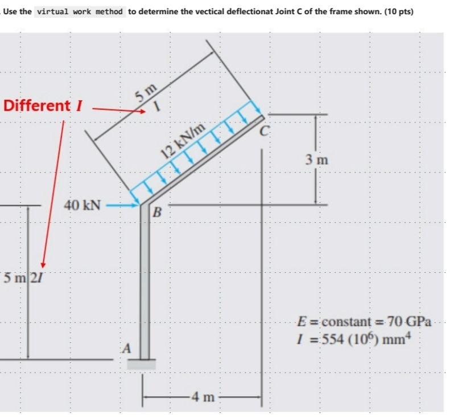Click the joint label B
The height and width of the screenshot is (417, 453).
(158, 214)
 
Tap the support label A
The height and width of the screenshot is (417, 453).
(128, 347)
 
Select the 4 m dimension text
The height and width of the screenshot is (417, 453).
(202, 396)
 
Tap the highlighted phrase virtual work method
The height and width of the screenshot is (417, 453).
(80, 11)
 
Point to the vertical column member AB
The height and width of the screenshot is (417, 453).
(145, 285)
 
